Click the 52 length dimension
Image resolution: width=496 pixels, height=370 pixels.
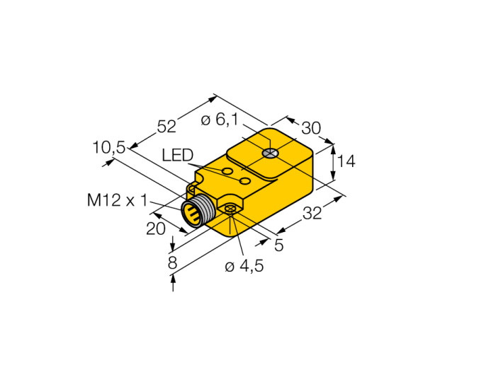[x=167, y=127]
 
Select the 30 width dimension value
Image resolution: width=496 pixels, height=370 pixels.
[x=311, y=128]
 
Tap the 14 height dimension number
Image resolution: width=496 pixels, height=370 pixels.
[x=346, y=161]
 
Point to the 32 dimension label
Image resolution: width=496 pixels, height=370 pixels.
[x=312, y=213]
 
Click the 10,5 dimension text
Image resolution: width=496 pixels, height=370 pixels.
[x=109, y=147]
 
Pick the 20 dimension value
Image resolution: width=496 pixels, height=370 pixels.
[x=156, y=229]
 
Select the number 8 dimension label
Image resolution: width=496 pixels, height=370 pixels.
[x=172, y=262]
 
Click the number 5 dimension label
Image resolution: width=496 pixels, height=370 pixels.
[x=278, y=245]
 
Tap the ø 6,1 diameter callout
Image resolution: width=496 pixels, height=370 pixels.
[x=220, y=120]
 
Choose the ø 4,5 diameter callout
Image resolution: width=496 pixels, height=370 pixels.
[x=244, y=267]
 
